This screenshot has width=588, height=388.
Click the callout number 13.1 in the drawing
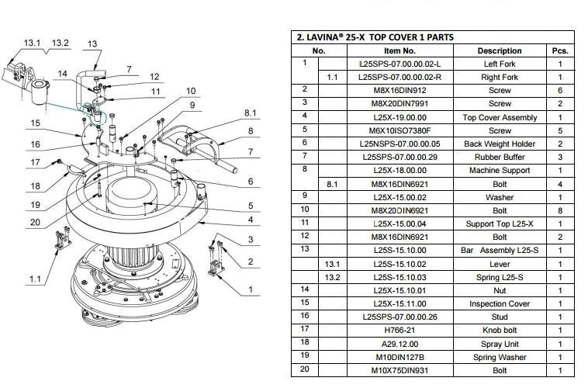pos(32,43)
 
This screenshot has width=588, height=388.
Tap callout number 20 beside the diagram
pos(35,222)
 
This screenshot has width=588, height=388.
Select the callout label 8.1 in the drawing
pos(250,113)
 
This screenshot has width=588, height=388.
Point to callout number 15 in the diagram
pos(35,123)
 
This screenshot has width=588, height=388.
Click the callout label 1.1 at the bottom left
pos(35,279)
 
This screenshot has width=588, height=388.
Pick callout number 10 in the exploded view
pos(191,91)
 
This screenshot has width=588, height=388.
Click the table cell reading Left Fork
pos(500,64)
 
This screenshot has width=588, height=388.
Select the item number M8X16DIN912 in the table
pos(399,91)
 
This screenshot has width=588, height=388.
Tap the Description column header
pos(500,50)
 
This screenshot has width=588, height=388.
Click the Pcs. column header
pos(560,50)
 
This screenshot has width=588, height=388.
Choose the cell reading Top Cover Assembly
pos(500,117)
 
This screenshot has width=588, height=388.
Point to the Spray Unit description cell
pos(500,344)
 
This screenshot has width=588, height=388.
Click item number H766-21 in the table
pos(399,331)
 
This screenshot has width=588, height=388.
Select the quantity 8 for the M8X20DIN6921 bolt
pos(560,210)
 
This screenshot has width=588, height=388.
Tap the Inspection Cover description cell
pos(500,303)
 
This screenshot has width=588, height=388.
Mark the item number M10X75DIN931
pos(399,370)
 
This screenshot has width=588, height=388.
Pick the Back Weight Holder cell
pos(500,144)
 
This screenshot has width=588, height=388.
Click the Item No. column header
pos(399,50)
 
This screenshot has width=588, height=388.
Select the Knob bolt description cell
pos(500,331)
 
